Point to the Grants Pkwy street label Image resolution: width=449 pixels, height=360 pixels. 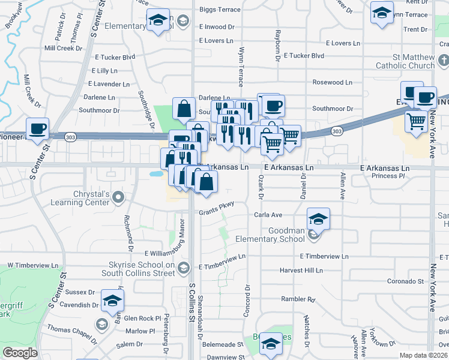(x=217, y=206)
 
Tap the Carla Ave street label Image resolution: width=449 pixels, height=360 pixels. (x=268, y=214)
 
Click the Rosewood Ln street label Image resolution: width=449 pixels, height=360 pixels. (x=332, y=82)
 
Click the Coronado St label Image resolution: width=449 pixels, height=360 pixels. (x=405, y=281)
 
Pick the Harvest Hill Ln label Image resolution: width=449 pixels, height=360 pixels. (x=301, y=271)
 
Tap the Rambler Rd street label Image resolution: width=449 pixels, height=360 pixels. (x=298, y=299)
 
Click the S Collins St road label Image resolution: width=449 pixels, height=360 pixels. (x=193, y=303)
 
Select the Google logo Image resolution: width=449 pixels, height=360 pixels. (x=20, y=353)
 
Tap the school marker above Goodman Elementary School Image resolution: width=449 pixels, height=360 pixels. (x=319, y=219)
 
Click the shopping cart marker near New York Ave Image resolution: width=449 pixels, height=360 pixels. (x=416, y=122)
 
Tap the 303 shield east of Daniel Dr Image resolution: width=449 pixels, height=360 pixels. (x=337, y=130)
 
